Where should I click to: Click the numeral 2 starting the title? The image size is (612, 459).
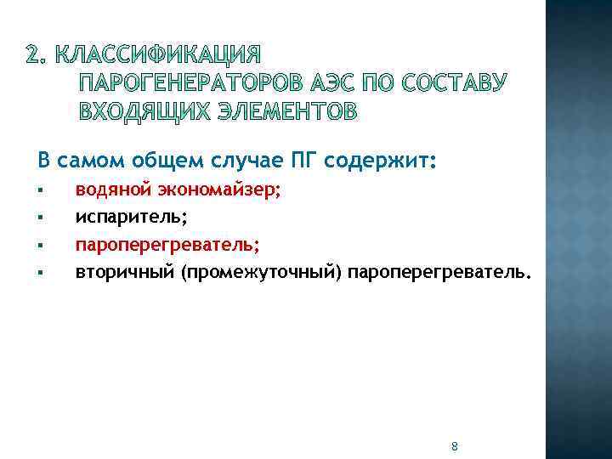click(x=31, y=57)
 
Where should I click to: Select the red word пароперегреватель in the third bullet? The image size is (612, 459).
click(x=167, y=246)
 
